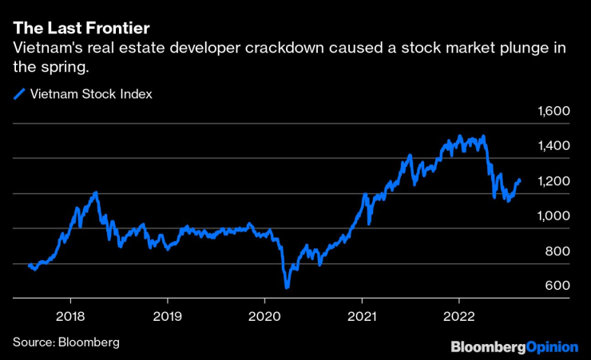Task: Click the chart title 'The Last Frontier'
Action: (x=81, y=29)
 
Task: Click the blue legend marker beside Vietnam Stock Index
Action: (x=19, y=94)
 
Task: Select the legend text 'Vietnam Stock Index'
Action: (x=91, y=94)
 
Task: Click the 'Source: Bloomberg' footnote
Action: (x=65, y=342)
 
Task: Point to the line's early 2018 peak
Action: (x=96, y=192)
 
